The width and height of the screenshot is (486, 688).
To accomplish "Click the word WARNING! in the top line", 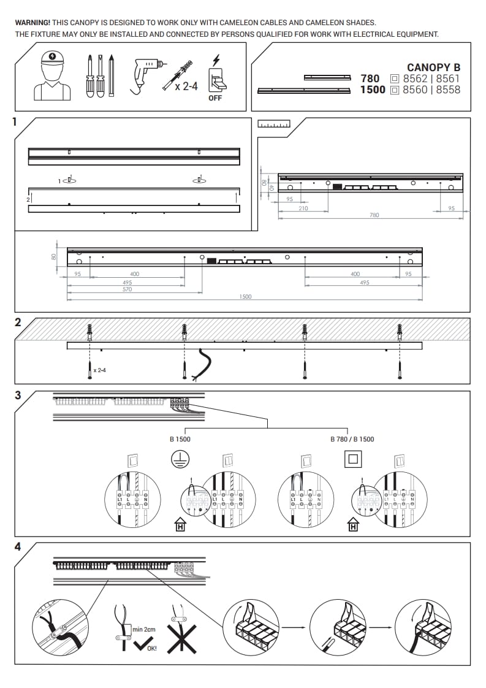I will (x=32, y=23).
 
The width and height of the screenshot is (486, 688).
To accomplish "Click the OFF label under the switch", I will (x=215, y=98).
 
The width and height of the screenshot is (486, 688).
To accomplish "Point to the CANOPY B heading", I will (x=433, y=67).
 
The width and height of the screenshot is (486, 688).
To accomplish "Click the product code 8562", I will (x=416, y=78).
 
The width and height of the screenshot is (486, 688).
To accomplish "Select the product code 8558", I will (x=448, y=90).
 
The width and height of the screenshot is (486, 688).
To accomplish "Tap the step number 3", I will (x=18, y=396).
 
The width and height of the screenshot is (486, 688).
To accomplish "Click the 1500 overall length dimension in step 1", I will (x=245, y=297).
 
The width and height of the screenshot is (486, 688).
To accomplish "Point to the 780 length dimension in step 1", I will (x=374, y=215).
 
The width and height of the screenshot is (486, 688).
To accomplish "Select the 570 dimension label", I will (x=127, y=289).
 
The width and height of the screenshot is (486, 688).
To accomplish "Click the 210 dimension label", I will (x=303, y=208).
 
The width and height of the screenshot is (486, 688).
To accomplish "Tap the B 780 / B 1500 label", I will (x=352, y=439).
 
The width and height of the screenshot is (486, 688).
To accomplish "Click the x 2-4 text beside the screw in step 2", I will (x=101, y=370).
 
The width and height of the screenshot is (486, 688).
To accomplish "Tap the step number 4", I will (x=18, y=547).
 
